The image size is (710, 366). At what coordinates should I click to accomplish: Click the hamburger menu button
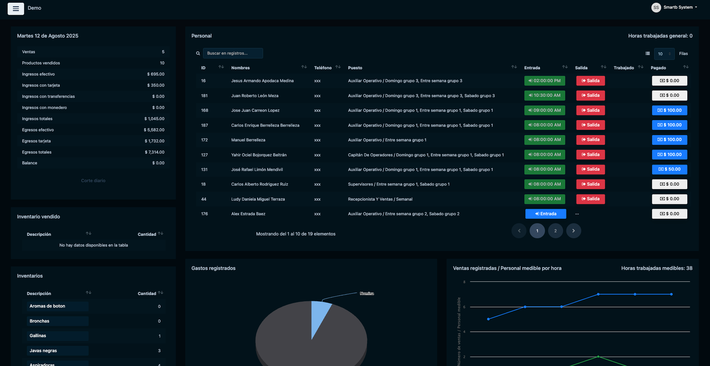(x=16, y=8)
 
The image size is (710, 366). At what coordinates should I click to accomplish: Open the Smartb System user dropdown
(x=674, y=7)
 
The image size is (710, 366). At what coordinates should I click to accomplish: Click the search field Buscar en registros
(x=233, y=53)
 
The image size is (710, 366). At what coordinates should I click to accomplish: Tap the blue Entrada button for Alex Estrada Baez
(x=545, y=214)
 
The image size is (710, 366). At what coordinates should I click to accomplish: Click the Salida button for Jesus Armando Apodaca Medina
(x=590, y=81)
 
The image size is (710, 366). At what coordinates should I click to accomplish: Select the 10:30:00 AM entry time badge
(x=544, y=95)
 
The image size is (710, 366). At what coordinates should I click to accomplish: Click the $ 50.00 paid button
(x=670, y=169)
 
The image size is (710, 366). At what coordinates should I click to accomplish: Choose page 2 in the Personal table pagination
(x=555, y=231)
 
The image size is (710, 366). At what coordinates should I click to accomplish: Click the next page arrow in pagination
(x=573, y=231)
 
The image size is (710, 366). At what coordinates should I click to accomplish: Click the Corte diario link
(x=93, y=180)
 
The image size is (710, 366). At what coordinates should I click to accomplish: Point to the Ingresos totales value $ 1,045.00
(x=154, y=119)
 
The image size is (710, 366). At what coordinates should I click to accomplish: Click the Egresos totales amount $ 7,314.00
(x=155, y=152)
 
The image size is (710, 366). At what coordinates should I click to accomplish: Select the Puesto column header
(x=355, y=68)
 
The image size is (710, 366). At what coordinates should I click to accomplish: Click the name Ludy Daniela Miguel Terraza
(x=258, y=199)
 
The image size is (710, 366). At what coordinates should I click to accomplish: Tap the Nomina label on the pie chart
(x=367, y=293)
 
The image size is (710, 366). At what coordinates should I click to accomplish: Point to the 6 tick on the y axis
(x=464, y=307)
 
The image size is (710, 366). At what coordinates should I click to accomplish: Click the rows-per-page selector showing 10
(x=664, y=54)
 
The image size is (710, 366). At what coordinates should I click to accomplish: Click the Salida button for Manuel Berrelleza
(x=590, y=140)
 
